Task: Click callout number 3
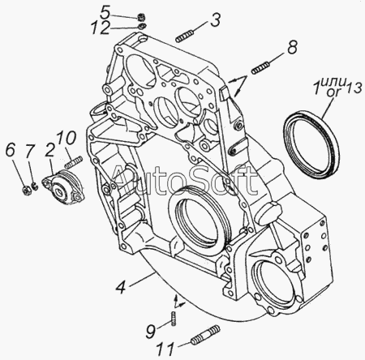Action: pos(215,19)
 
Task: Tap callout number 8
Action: pos(292,47)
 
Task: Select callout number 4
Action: pos(121,287)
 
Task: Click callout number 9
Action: pos(151,332)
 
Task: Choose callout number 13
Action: pos(354,88)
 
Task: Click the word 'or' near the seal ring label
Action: pos(333,92)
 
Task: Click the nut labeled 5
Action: pos(141,18)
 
